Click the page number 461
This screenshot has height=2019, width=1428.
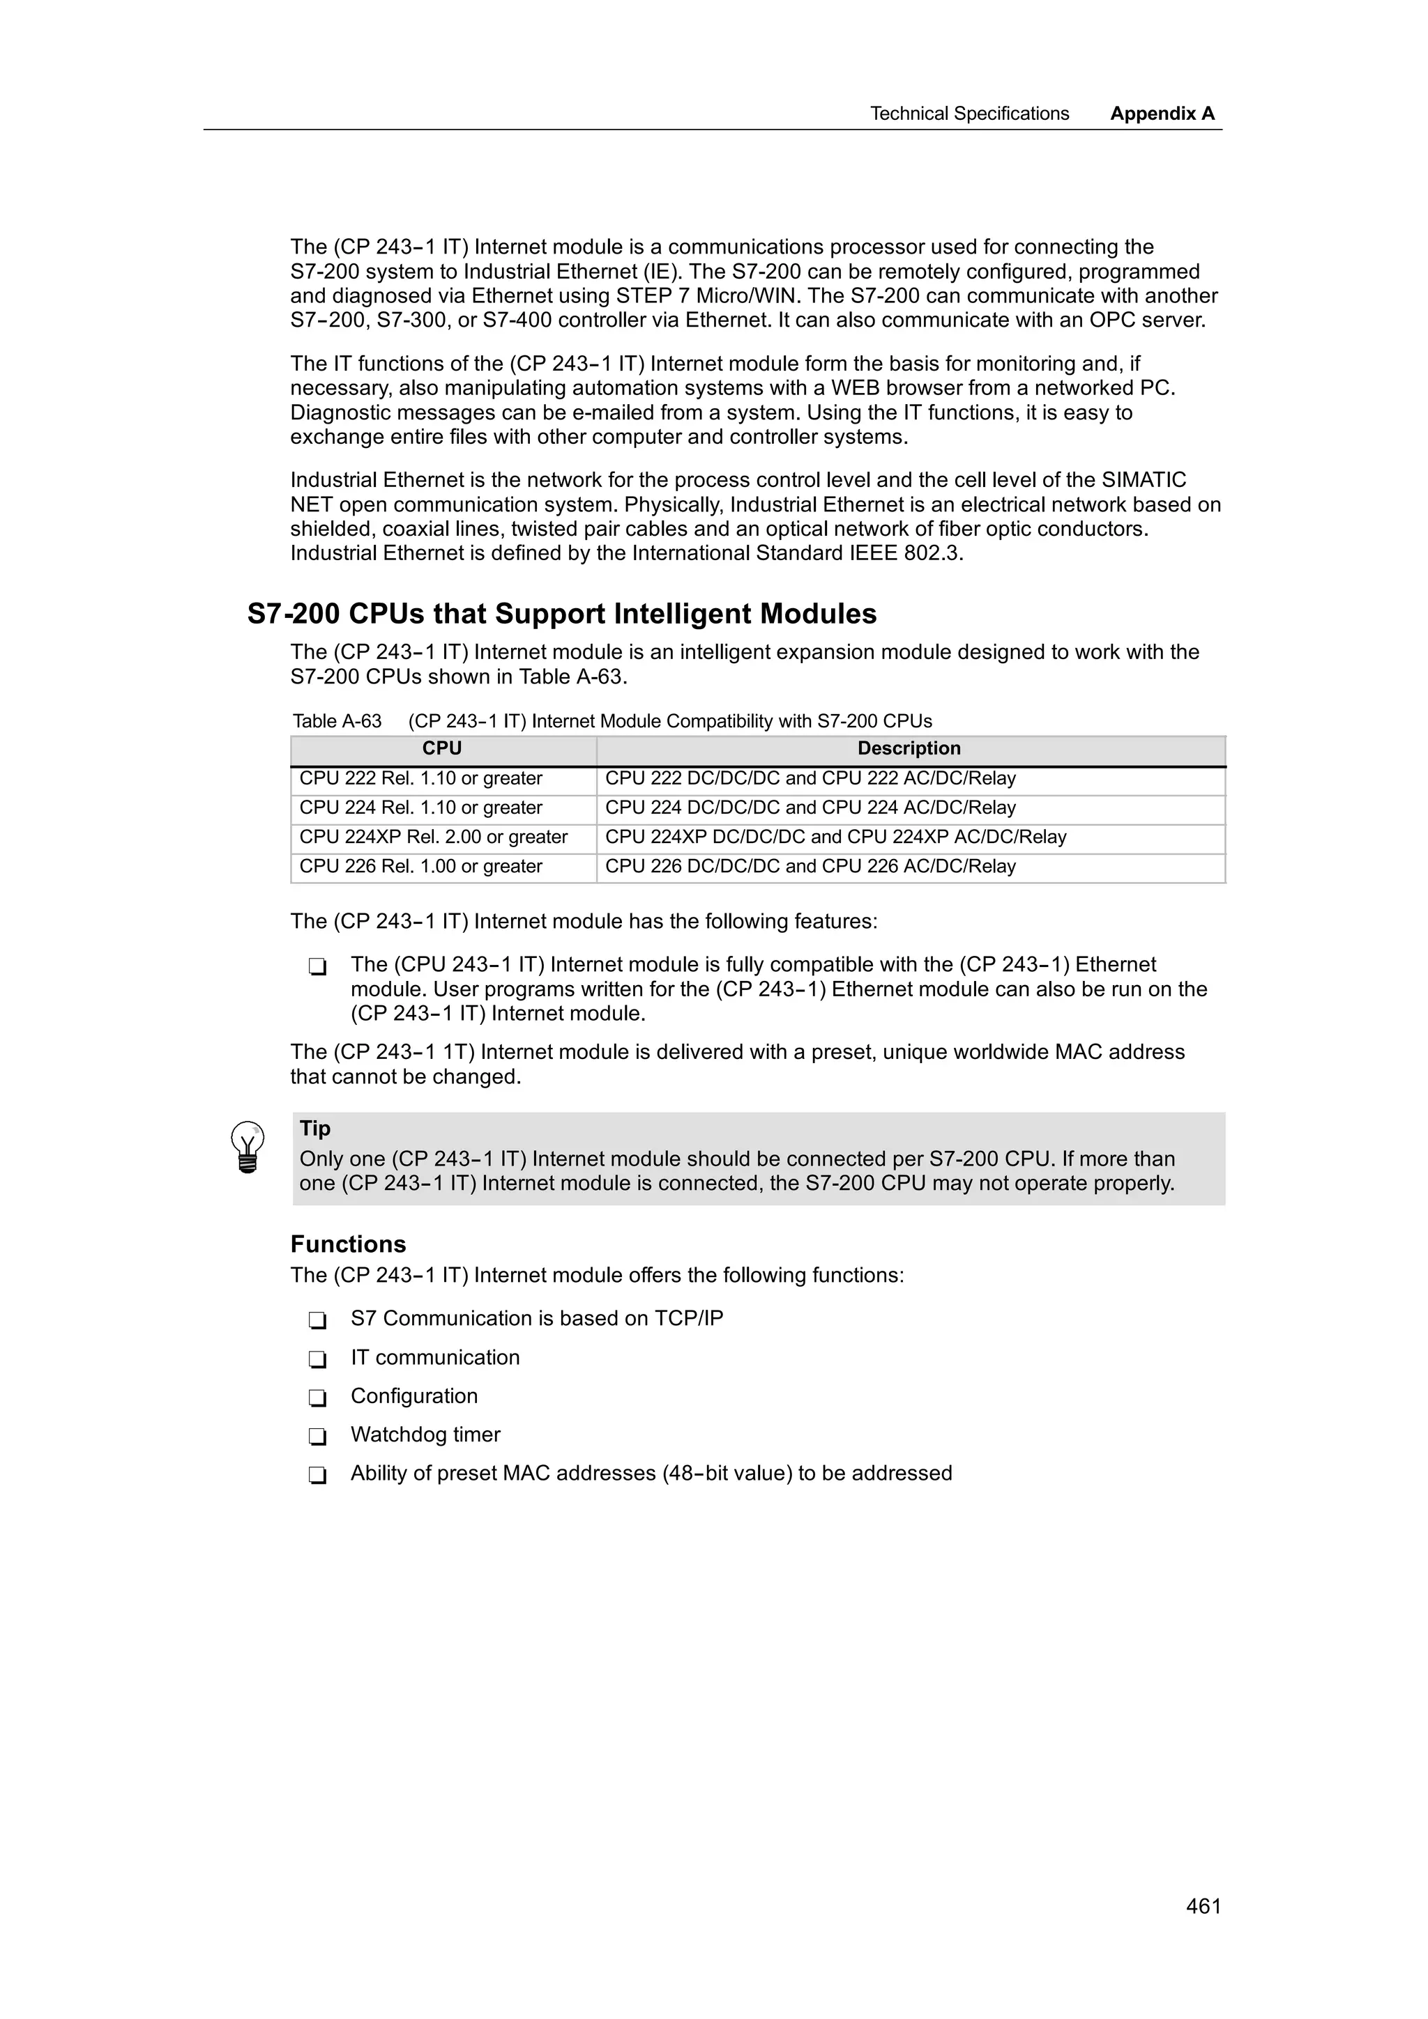pos(1203,1905)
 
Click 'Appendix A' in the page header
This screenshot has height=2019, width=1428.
pos(1162,114)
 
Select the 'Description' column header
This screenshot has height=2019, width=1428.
pos(909,748)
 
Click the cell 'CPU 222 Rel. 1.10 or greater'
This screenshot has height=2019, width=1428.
pos(420,778)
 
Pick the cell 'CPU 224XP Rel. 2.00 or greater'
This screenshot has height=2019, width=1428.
pos(433,837)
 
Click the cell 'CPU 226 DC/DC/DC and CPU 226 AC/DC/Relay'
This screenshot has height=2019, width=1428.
pos(810,866)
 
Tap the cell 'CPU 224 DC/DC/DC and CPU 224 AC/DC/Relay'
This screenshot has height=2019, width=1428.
pos(810,807)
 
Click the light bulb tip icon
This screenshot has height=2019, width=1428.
pos(248,1147)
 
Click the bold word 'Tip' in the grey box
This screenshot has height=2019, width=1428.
pos(315,1128)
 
